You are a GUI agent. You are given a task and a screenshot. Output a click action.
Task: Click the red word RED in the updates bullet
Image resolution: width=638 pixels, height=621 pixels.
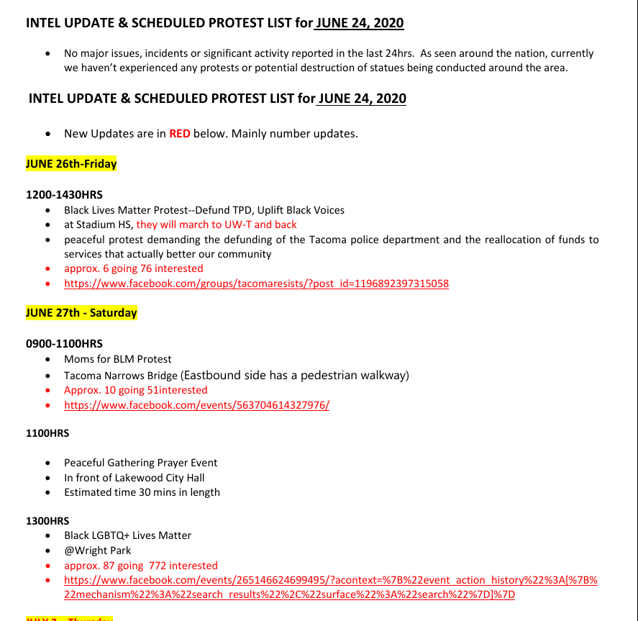[179, 134]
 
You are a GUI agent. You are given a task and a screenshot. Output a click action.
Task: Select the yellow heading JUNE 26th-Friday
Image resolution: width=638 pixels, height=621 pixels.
[71, 164]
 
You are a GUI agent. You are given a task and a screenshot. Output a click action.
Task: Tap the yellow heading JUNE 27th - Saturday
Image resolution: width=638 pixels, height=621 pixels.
[81, 313]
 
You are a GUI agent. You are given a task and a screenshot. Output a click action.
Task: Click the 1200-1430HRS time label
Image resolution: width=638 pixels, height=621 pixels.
[64, 195]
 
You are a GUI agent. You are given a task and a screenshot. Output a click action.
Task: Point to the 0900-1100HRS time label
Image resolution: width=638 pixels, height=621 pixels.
[64, 343]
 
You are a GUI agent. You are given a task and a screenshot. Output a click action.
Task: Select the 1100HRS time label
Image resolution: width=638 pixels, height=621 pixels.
[47, 433]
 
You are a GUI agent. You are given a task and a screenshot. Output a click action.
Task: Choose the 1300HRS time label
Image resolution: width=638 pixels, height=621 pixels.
[47, 520]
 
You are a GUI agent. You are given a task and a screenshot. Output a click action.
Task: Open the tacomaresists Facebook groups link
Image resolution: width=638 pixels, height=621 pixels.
[256, 284]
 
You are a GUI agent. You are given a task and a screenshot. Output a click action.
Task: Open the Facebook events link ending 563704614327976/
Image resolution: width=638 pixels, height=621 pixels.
[196, 405]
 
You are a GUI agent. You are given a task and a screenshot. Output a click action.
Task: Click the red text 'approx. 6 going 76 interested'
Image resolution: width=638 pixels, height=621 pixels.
[134, 268]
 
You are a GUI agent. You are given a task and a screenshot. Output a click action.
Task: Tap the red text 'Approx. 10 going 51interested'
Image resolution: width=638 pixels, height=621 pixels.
[135, 390]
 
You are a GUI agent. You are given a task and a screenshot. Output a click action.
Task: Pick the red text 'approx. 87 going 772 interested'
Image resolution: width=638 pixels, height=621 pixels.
[140, 566]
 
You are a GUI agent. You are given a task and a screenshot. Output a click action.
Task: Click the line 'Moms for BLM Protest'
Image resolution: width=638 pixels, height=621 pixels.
[117, 359]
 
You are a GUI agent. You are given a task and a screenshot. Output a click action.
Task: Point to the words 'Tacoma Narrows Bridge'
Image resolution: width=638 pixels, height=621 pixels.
[120, 376]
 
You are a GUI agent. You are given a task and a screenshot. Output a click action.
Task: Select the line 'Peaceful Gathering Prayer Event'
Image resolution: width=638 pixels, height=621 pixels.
[140, 463]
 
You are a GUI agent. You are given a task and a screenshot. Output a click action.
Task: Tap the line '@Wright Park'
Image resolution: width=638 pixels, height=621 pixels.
[97, 550]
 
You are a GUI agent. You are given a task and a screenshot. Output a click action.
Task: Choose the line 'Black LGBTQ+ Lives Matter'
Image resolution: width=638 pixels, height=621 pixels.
[127, 535]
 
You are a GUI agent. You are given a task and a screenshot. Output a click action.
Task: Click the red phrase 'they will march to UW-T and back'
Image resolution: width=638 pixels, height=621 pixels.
[217, 225]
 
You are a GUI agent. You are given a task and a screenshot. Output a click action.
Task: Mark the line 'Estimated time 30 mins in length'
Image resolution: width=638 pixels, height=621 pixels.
[142, 493]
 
